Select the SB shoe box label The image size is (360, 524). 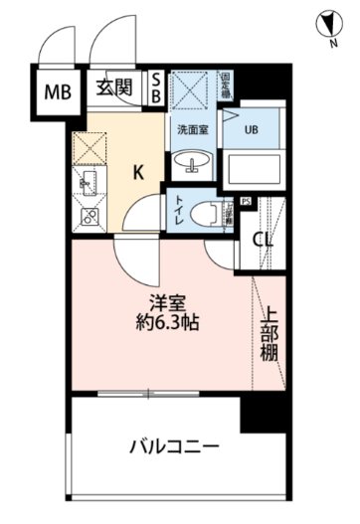click(x=156, y=87)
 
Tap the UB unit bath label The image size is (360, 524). click(x=253, y=129)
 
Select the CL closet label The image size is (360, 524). click(x=264, y=239)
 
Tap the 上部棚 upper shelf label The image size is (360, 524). click(x=270, y=335)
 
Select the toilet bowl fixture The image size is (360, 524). click(x=210, y=211)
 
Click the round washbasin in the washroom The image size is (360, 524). click(x=194, y=163)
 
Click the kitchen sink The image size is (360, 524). click(x=85, y=182)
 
